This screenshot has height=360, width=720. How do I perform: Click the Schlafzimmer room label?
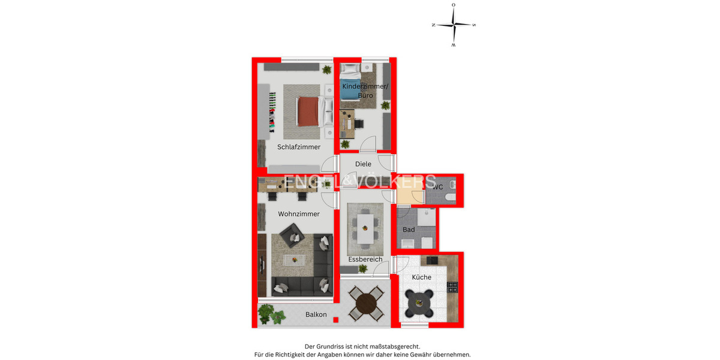298,147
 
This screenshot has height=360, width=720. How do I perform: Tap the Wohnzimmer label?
298,214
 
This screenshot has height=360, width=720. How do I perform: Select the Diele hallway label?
363,164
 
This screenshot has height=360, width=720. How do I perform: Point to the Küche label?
421,277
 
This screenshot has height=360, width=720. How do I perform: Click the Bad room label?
409,230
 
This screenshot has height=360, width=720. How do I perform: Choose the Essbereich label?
365,260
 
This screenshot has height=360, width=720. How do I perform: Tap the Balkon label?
316,314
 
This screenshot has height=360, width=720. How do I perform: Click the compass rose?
454,25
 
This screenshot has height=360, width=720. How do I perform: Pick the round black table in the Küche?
419,302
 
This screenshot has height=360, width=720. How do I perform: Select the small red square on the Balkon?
335,320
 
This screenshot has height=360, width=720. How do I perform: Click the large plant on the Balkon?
269,314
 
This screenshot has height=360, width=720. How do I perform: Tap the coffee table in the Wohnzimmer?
295,259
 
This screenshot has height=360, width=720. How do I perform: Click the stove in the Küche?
452,287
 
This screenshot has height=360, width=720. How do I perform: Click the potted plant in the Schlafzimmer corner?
326,70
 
